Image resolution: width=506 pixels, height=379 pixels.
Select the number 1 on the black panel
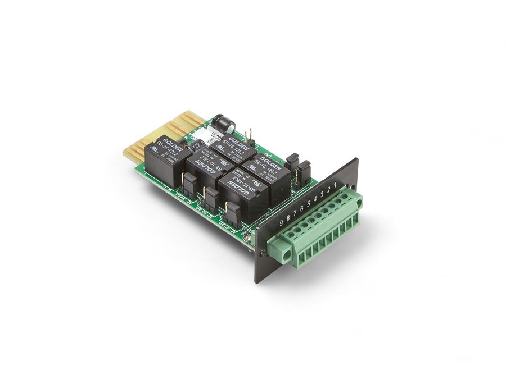[336, 185]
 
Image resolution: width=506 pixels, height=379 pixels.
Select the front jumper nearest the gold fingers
[189, 181]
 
